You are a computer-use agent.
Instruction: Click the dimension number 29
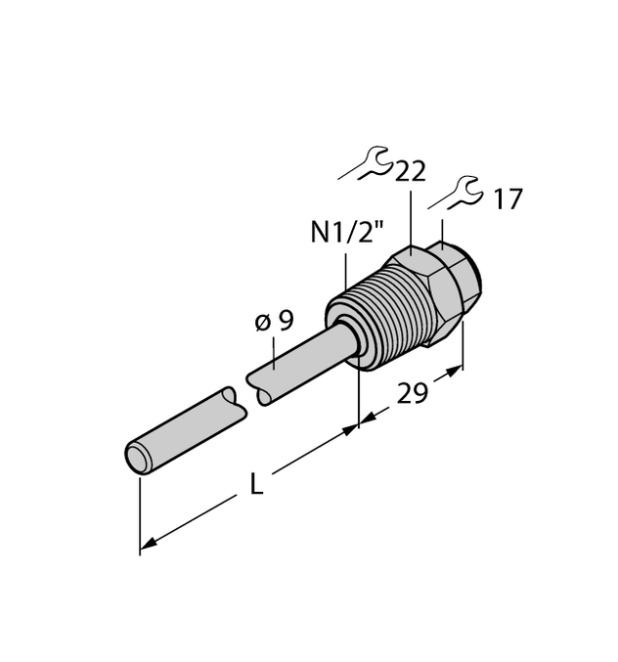(x=413, y=393)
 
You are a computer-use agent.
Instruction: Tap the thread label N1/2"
(x=346, y=234)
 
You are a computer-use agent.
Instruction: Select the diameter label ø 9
(x=274, y=321)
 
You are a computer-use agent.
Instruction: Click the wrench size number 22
(x=411, y=172)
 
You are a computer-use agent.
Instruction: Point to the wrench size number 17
(x=507, y=200)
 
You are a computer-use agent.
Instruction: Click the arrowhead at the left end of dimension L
(x=148, y=543)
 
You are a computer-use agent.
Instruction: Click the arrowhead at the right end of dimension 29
(x=455, y=371)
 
